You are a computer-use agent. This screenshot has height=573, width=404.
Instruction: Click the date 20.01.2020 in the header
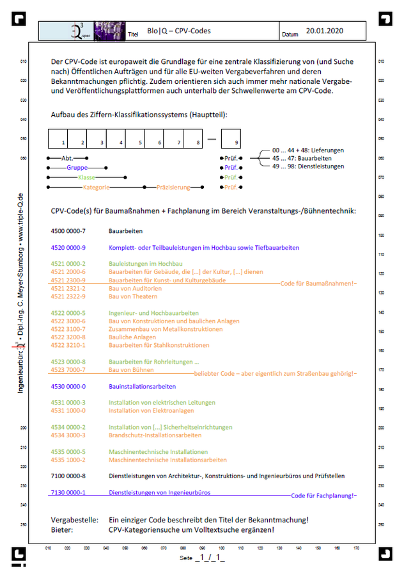click(324, 30)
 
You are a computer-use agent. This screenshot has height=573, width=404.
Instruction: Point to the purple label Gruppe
click(77, 166)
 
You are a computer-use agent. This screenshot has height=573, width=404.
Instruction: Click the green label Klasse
click(86, 177)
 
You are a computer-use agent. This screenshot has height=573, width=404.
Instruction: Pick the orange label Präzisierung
click(173, 187)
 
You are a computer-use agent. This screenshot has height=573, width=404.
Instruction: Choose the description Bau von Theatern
click(132, 296)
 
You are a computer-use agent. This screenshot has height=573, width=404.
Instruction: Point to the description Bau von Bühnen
click(130, 369)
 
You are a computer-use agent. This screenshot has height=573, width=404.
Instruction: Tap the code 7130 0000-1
click(68, 492)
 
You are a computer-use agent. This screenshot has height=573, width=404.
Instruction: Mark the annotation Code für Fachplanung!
click(323, 496)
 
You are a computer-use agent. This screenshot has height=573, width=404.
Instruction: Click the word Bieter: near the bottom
click(62, 529)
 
